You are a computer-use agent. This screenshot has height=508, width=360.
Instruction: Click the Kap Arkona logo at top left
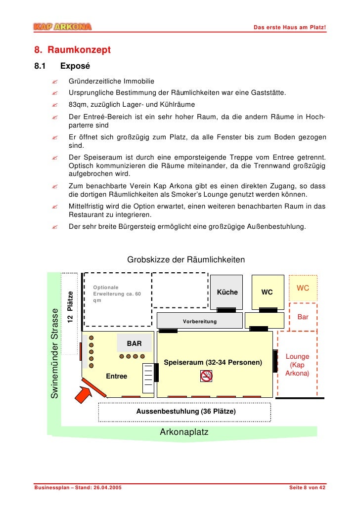[63, 26]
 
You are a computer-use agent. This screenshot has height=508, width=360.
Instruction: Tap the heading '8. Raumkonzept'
[72, 50]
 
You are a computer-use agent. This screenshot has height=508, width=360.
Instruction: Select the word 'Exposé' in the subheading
[75, 66]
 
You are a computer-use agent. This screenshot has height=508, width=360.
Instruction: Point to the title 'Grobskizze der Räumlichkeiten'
[186, 259]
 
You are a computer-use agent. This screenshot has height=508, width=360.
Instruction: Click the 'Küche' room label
[227, 292]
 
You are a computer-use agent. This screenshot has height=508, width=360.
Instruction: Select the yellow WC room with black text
[267, 292]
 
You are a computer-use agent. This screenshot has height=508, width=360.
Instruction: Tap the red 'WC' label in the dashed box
[303, 288]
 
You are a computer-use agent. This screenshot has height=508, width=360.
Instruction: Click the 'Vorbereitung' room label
[200, 321]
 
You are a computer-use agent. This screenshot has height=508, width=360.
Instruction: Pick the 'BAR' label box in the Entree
[135, 343]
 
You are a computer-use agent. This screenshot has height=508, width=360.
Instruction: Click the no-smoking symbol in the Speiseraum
[207, 377]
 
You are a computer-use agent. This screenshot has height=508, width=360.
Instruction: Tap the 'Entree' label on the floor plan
[117, 377]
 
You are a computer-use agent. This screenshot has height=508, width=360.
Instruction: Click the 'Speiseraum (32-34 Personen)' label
[213, 363]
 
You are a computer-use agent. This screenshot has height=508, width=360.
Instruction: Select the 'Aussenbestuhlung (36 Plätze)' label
[186, 411]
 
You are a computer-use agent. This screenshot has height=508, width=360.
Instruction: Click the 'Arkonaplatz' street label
[184, 432]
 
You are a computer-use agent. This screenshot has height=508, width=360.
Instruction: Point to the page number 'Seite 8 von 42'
[307, 488]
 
